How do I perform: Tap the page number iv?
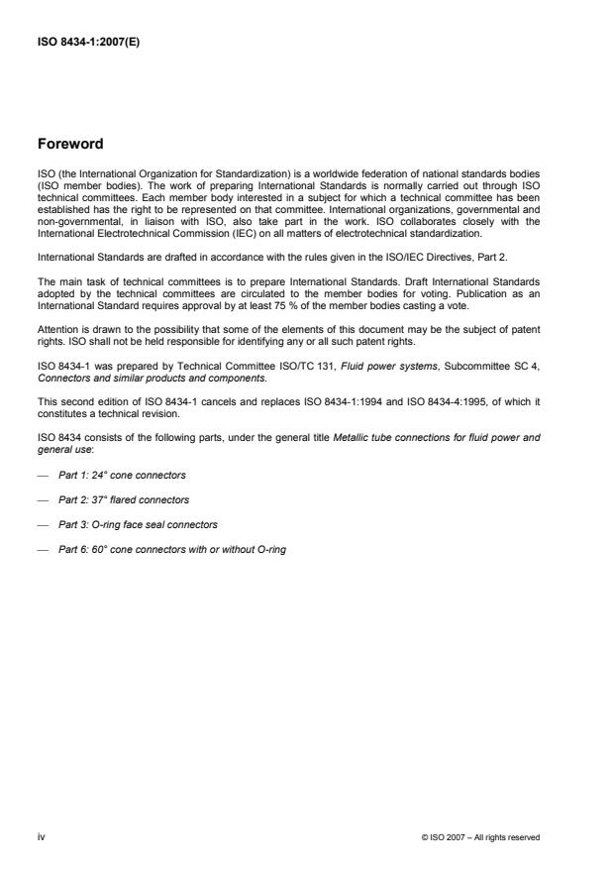[42, 837]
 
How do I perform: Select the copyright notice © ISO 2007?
[480, 838]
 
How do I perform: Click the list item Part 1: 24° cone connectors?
[122, 476]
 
